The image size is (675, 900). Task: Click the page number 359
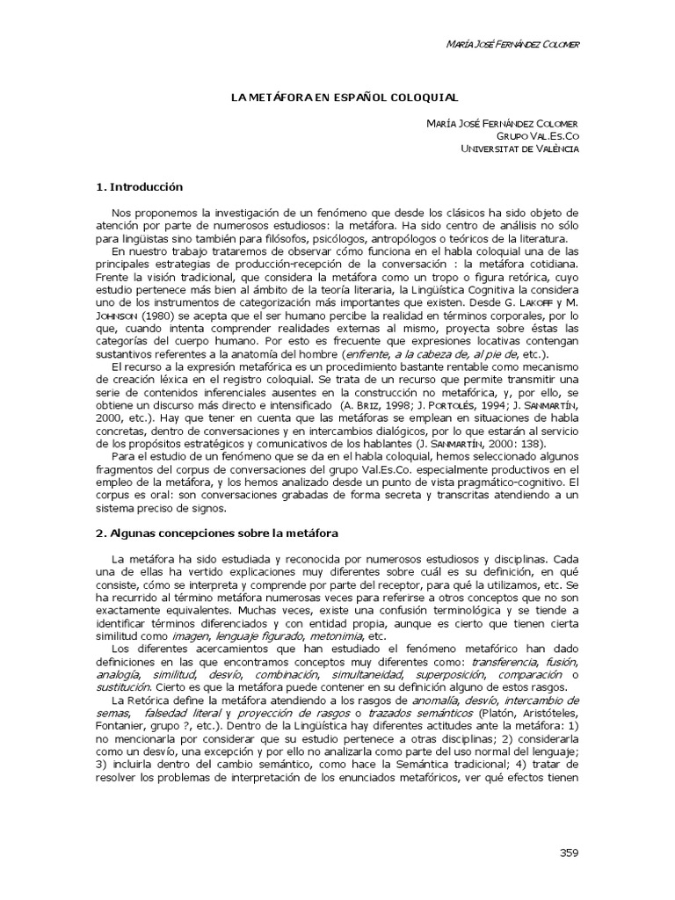point(569,853)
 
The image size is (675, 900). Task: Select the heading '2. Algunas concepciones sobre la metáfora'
point(216,533)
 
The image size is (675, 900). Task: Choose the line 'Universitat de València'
point(520,149)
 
